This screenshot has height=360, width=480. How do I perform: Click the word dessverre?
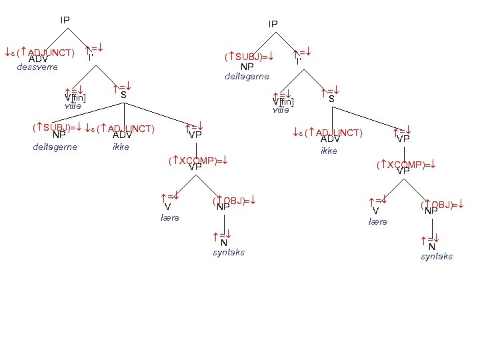click(x=37, y=67)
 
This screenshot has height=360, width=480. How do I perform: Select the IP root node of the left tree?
click(x=65, y=20)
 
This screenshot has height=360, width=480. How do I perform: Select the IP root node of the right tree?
click(x=273, y=24)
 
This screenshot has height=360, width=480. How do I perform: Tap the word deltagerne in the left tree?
click(x=55, y=147)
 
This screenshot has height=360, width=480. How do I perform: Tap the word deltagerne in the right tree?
click(x=247, y=77)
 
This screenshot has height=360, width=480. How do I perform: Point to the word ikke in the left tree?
click(x=121, y=147)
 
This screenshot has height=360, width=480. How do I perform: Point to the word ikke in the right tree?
click(x=329, y=151)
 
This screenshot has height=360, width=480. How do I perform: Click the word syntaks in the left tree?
click(x=229, y=253)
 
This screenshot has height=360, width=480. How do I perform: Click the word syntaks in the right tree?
click(x=437, y=257)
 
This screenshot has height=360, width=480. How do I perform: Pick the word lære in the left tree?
click(x=170, y=218)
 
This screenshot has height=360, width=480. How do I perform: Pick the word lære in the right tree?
click(x=378, y=222)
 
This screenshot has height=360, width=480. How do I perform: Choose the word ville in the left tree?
click(x=74, y=106)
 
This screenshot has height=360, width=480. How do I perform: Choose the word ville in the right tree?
click(x=282, y=110)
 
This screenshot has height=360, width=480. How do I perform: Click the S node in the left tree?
click(x=123, y=95)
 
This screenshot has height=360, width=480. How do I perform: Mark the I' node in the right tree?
click(x=299, y=61)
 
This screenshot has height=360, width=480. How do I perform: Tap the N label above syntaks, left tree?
click(x=224, y=243)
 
